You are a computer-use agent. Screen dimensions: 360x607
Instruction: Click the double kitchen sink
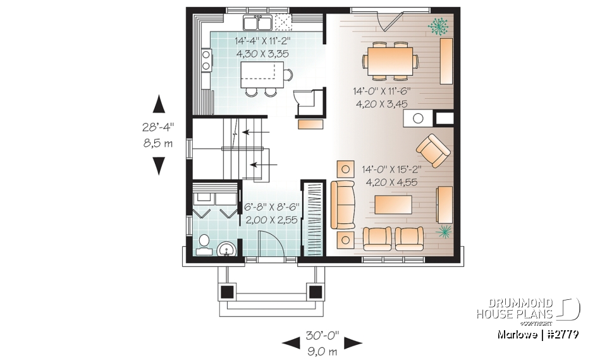click(258, 23)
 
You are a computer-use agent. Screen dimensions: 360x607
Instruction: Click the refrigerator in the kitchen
click(309, 101)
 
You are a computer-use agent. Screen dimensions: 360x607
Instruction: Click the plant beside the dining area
click(436, 25)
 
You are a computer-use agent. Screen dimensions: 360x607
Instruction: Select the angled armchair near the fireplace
click(433, 151)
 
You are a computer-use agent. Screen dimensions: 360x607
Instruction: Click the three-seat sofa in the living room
click(342, 205)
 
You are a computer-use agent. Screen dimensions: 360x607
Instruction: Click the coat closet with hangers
click(314, 219)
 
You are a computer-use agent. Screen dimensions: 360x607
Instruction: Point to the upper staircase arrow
click(255, 133)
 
